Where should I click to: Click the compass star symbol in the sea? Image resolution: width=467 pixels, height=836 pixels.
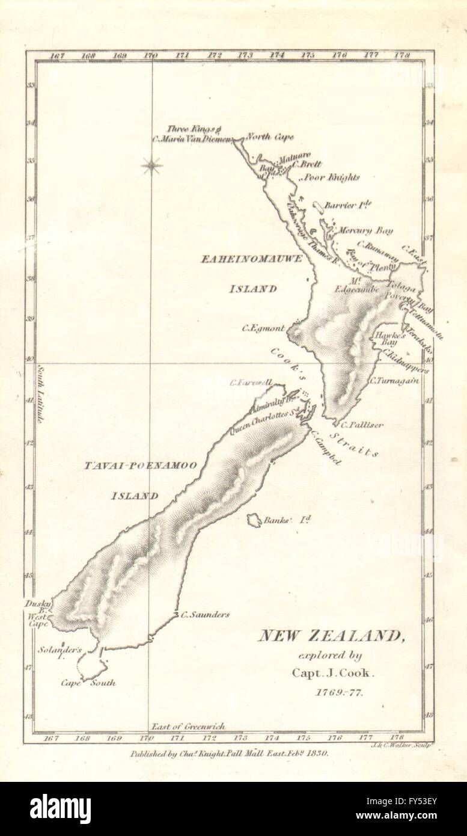[151, 165]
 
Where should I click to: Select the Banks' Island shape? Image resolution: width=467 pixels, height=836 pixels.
[254, 520]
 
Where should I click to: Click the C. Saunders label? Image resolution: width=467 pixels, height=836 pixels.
[204, 615]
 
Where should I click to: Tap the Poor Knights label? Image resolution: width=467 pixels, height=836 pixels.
[331, 177]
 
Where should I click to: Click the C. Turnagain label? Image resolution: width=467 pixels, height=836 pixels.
[394, 380]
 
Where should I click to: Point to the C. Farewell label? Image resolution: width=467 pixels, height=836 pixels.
[251, 383]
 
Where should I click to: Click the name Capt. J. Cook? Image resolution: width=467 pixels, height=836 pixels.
[333, 674]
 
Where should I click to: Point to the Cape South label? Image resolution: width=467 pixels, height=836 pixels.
[88, 683]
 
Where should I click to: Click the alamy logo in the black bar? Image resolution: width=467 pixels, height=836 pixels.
[60, 808]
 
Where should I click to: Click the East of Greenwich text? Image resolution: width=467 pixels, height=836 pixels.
[188, 727]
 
